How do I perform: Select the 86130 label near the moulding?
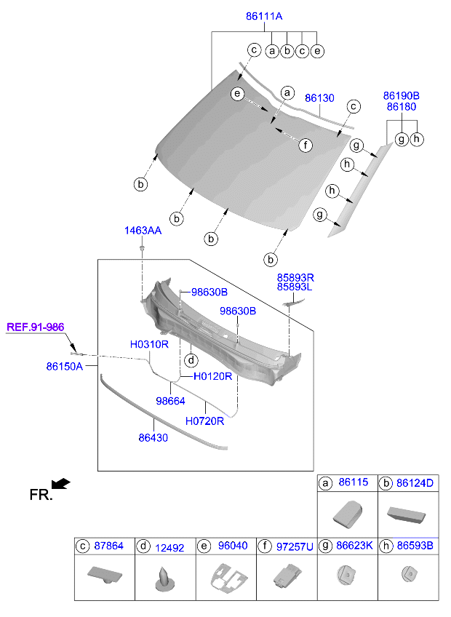(x=319, y=97)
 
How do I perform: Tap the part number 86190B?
(x=402, y=95)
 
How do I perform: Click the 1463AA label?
(x=143, y=231)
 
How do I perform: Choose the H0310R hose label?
(x=149, y=344)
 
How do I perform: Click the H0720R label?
(x=204, y=421)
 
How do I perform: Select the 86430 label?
(x=153, y=438)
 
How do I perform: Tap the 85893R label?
(x=295, y=277)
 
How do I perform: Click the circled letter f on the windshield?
(x=306, y=145)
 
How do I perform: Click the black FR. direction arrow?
(x=61, y=483)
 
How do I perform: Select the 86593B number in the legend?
(x=415, y=545)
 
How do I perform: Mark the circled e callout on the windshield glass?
(x=236, y=94)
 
